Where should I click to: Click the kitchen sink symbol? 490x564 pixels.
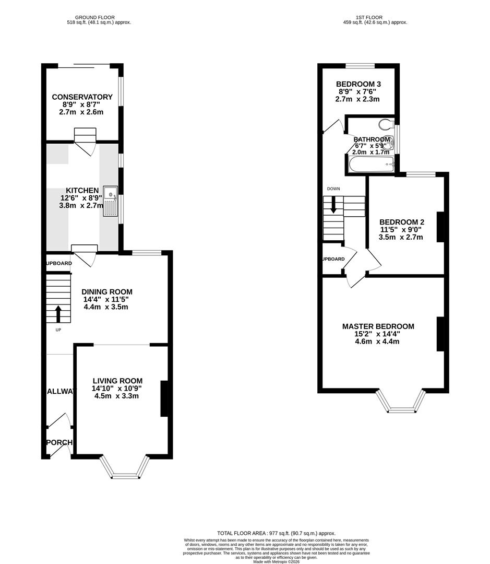pos(111,201)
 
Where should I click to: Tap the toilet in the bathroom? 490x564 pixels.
pos(386,124)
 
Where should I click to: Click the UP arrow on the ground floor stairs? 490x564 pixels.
pos(58,314)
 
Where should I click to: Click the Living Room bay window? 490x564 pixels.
pos(125,468)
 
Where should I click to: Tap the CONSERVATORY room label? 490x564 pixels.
pos(82,97)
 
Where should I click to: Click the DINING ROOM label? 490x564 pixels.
pos(107,292)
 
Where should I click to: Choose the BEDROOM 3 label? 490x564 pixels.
pos(358,84)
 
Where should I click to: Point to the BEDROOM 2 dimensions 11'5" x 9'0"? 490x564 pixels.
pos(400,229)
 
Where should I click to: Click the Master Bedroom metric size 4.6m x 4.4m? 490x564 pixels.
pos(378,342)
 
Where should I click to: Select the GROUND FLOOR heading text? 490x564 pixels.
pos(98,17)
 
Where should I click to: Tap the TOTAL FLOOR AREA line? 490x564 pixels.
pos(277,533)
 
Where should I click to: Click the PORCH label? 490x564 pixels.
pos(59,443)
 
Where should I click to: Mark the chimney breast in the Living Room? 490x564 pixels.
pos(163,398)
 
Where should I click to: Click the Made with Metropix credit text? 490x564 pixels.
pos(277,562)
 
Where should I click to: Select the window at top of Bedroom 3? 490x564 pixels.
pos(360,66)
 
